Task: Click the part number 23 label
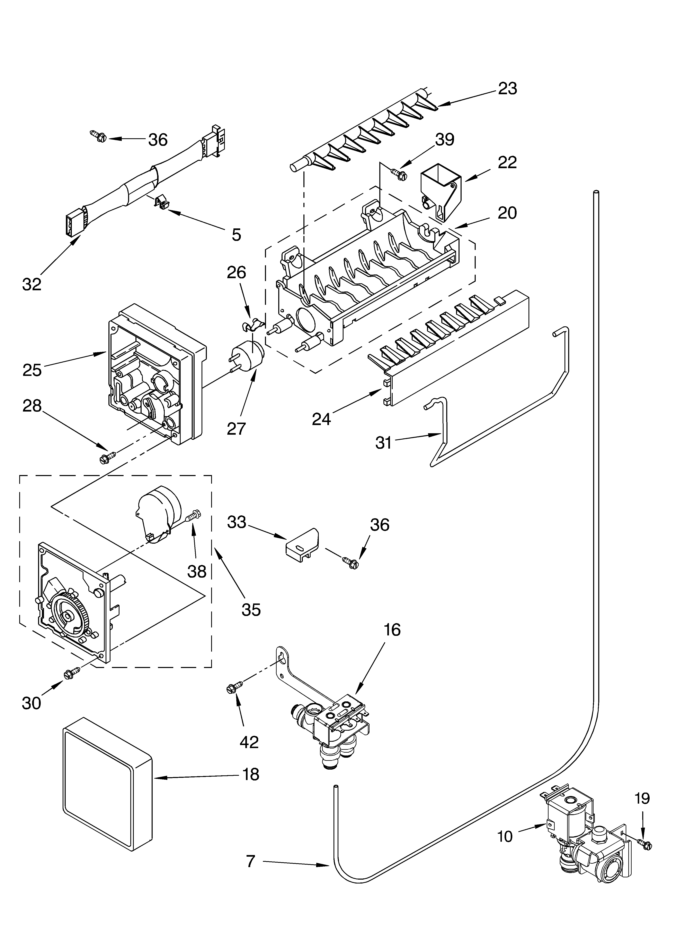click(507, 88)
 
